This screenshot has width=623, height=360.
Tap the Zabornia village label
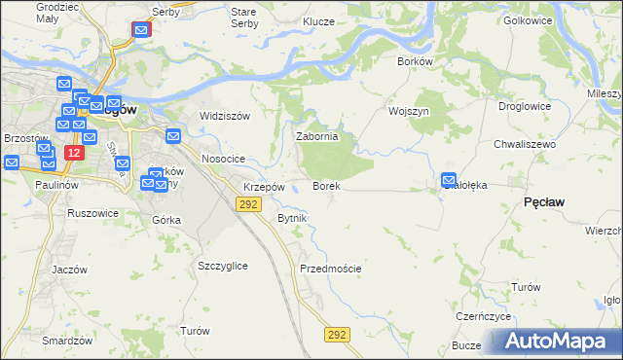(x=316, y=137)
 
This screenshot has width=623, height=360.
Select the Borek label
(x=325, y=185)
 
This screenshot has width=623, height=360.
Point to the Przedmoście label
(x=331, y=269)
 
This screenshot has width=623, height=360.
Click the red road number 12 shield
(x=74, y=154)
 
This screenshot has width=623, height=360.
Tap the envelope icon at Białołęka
(x=449, y=180)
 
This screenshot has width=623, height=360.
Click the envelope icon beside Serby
(x=142, y=31)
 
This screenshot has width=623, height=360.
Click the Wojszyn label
(x=409, y=111)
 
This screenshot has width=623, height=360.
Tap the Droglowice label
(x=525, y=106)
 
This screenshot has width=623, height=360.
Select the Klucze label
(x=318, y=21)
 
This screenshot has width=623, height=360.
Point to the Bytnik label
(x=292, y=218)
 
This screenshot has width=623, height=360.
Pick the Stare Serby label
(x=242, y=17)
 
